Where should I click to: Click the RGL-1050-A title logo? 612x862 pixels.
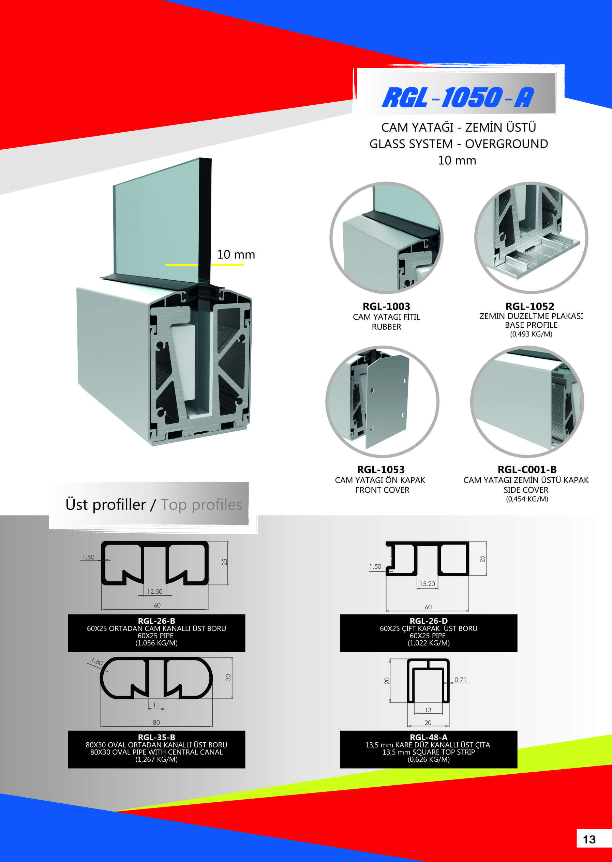pyautogui.click(x=458, y=97)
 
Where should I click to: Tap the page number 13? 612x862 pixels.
pyautogui.click(x=589, y=839)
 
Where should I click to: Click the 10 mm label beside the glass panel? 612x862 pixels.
pyautogui.click(x=236, y=255)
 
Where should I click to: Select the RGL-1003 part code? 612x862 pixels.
pyautogui.click(x=386, y=307)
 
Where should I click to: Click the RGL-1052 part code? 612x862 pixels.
pyautogui.click(x=530, y=307)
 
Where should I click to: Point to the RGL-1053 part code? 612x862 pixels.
pyautogui.click(x=381, y=470)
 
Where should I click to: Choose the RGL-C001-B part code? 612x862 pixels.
pyautogui.click(x=527, y=470)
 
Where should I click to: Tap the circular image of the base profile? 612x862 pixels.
pyautogui.click(x=531, y=238)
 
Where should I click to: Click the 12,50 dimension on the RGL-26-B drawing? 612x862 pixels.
pyautogui.click(x=155, y=592)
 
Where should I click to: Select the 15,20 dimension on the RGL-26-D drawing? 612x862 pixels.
pyautogui.click(x=427, y=584)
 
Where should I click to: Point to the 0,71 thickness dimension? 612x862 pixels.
pyautogui.click(x=461, y=680)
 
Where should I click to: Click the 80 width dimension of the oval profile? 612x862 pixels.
pyautogui.click(x=156, y=723)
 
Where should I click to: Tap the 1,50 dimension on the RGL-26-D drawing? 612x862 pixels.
pyautogui.click(x=375, y=566)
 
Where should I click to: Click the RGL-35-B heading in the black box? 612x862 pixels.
pyautogui.click(x=156, y=737)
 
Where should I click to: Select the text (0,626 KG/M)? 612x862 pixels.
pyautogui.click(x=429, y=759)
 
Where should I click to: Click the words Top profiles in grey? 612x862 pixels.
pyautogui.click(x=201, y=505)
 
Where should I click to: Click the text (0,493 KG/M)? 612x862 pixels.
pyautogui.click(x=531, y=334)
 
